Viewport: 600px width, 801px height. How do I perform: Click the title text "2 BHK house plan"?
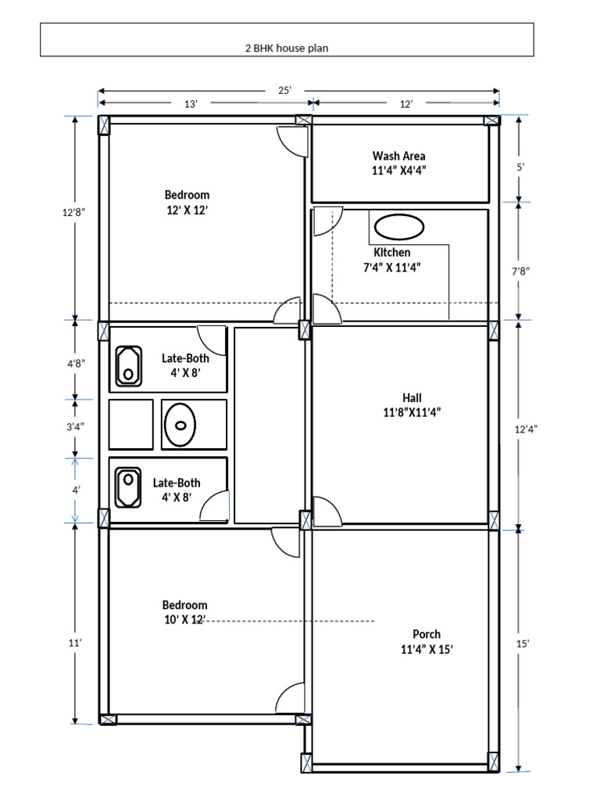point(287,48)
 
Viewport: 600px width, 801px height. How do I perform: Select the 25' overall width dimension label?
point(284,90)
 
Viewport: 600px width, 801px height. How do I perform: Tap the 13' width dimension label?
point(190,104)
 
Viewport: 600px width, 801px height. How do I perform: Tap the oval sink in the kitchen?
point(399,226)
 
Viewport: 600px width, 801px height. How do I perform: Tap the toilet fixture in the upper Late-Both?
point(127,366)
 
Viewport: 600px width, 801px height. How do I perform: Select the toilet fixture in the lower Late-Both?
point(127,487)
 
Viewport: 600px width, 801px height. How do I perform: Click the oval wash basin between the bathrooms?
point(181,425)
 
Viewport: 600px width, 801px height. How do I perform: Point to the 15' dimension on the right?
point(523,643)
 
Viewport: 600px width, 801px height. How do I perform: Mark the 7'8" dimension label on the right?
point(520,271)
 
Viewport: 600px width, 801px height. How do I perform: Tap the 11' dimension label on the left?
point(74,642)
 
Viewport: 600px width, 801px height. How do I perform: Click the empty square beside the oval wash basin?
point(130,424)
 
